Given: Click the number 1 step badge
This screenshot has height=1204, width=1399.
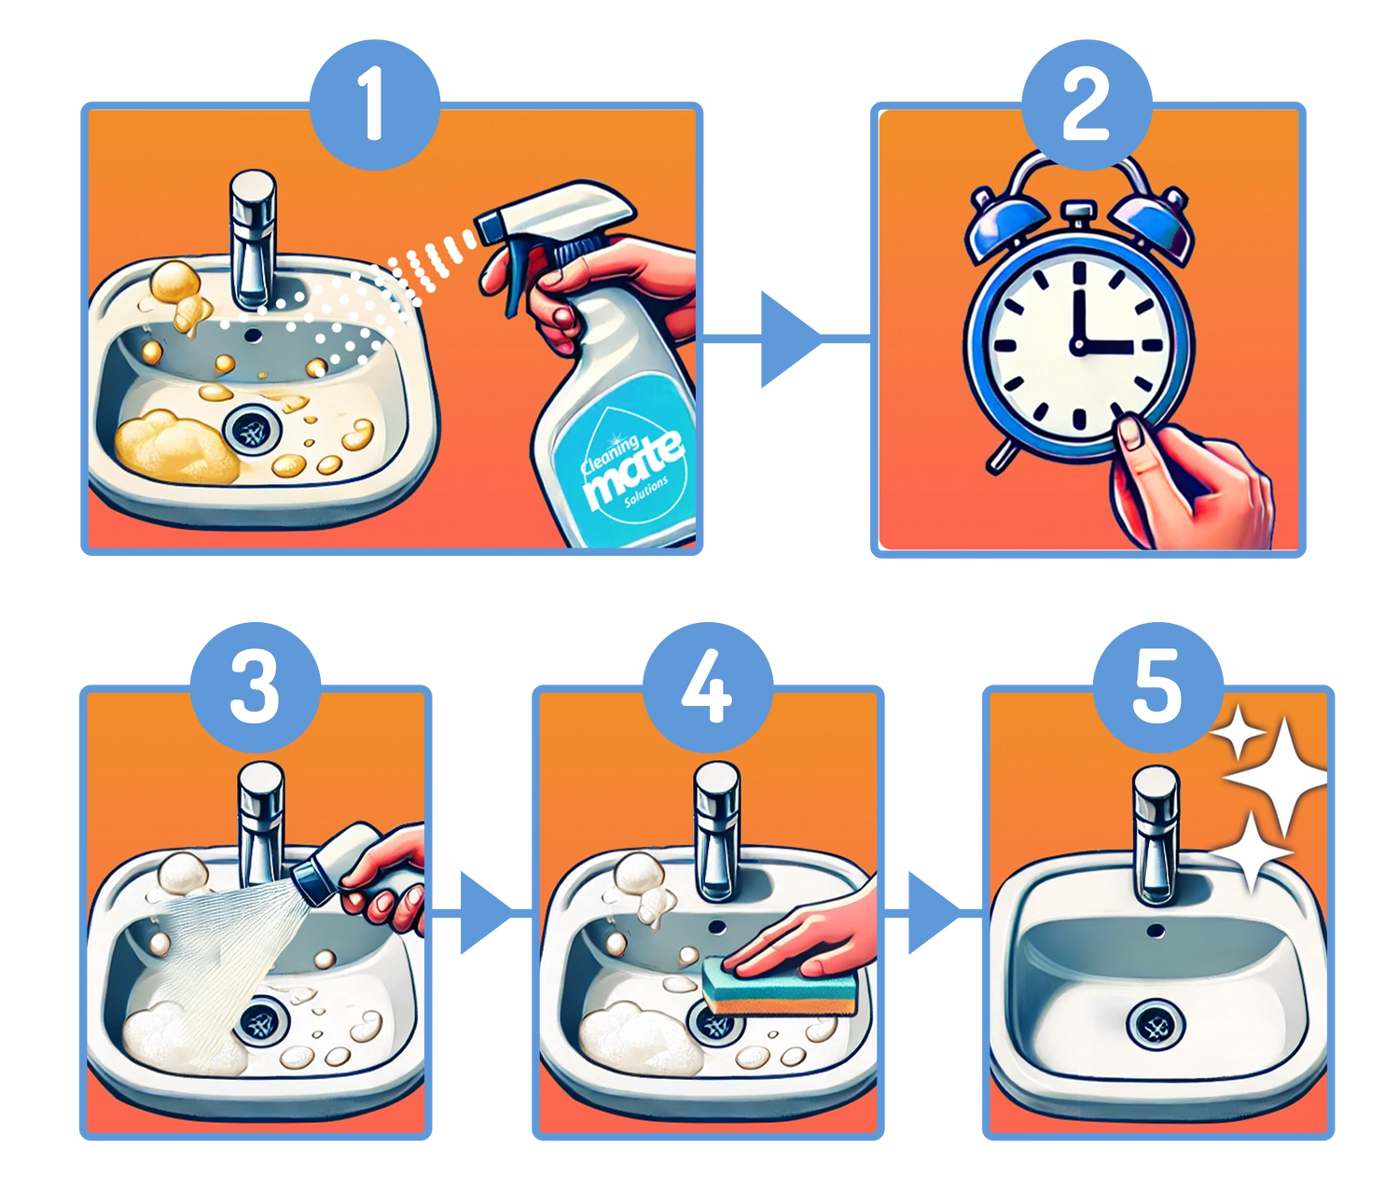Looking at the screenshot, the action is tap(374, 104).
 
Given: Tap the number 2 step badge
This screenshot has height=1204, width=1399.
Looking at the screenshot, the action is tap(1087, 104).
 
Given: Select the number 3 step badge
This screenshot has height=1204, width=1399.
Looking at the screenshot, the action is tap(256, 687).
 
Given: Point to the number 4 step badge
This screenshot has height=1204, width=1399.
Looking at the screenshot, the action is tap(707, 687).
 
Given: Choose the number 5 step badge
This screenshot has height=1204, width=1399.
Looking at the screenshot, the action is tap(1158, 687).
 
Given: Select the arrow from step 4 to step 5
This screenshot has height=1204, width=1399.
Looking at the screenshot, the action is tap(933, 913).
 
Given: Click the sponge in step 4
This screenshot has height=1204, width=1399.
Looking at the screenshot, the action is tap(779, 985).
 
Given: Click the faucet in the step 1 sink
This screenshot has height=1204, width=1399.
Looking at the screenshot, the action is tap(252, 241).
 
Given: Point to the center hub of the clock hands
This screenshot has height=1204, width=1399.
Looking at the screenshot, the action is tap(1078, 346).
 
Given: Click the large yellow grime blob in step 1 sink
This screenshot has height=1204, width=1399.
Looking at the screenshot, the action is tap(177, 446).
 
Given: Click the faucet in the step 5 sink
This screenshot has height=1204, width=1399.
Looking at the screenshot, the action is tap(1156, 835).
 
